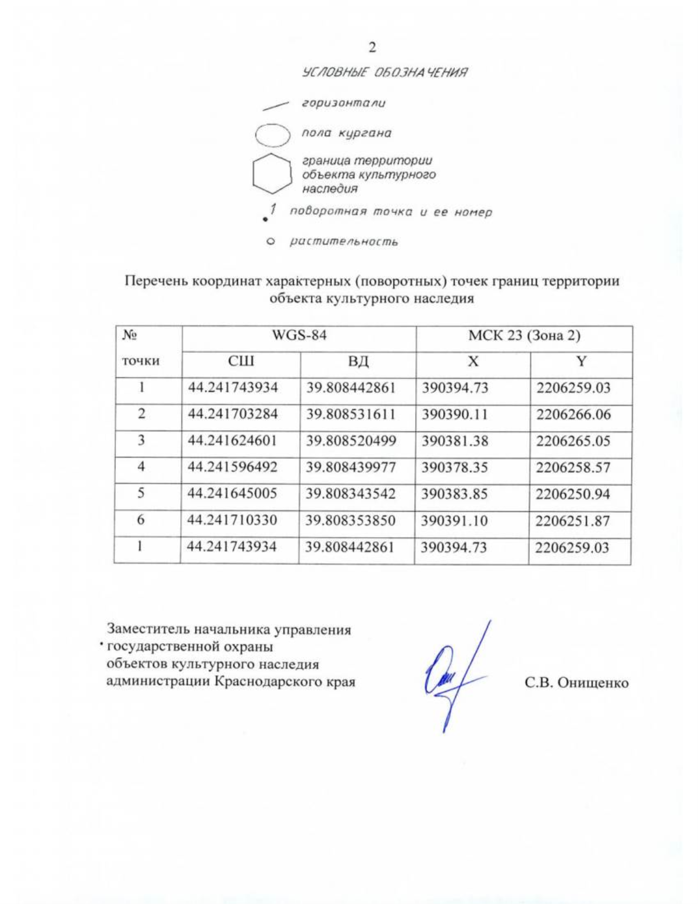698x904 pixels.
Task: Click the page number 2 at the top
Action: [x=372, y=47]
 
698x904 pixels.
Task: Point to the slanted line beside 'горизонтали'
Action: [x=276, y=105]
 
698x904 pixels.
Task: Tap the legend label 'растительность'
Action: [x=344, y=241]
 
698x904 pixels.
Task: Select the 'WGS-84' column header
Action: [x=299, y=336]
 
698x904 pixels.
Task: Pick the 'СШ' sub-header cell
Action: [x=241, y=363]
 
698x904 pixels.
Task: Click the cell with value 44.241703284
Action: [x=233, y=415]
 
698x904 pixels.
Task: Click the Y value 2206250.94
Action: [x=574, y=494]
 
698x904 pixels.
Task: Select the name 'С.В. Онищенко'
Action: [x=576, y=683]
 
